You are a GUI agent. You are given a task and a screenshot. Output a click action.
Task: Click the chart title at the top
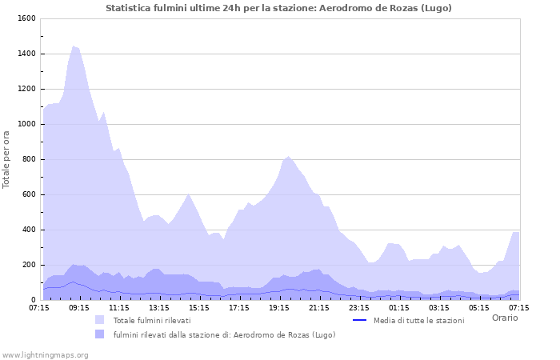click(278, 8)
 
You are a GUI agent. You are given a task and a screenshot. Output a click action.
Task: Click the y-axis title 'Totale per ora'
click(7, 159)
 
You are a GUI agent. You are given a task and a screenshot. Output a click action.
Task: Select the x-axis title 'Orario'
click(504, 318)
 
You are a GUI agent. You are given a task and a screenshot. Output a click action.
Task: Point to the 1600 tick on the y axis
click(25, 18)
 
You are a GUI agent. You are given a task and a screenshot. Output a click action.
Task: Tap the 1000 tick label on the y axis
click(25, 124)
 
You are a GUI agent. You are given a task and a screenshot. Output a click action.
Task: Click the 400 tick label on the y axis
click(28, 230)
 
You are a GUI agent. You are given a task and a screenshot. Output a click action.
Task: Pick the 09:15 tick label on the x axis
click(79, 307)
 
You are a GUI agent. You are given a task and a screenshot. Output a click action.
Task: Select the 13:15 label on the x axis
click(159, 307)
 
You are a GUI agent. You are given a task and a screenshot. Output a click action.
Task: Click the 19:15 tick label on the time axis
click(279, 307)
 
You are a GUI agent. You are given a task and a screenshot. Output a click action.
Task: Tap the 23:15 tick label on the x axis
click(359, 307)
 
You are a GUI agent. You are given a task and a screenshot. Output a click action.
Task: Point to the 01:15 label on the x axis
click(399, 307)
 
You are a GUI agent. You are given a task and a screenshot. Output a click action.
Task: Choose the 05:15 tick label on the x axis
click(479, 307)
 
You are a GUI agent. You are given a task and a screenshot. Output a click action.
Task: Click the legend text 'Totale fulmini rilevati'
click(152, 320)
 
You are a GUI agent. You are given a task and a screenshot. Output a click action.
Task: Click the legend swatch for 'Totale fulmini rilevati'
click(100, 320)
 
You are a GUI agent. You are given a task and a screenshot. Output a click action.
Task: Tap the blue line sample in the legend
click(359, 320)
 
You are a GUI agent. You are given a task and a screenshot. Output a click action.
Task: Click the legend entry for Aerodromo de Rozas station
click(224, 334)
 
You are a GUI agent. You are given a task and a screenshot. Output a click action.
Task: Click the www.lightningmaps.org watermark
click(45, 354)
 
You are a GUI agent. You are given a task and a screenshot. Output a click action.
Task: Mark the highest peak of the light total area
click(74, 46)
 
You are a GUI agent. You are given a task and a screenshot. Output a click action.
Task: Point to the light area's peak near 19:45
click(289, 157)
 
